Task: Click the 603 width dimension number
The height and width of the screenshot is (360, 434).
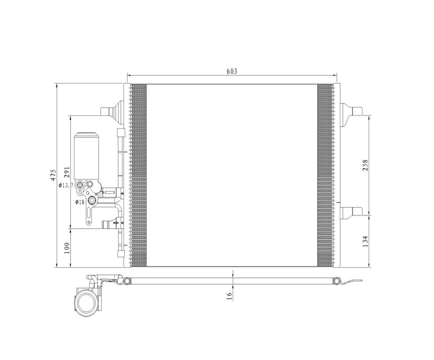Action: click(x=232, y=71)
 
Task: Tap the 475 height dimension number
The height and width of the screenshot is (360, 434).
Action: click(x=53, y=175)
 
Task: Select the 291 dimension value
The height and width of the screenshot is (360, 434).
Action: click(x=67, y=172)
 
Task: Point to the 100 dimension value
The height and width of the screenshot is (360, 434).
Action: click(x=67, y=248)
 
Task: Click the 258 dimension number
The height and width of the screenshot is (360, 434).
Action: click(x=365, y=165)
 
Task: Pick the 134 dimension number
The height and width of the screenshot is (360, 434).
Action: click(x=365, y=241)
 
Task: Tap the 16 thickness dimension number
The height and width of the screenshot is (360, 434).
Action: click(x=229, y=296)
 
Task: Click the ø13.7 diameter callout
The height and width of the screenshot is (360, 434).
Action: click(x=66, y=185)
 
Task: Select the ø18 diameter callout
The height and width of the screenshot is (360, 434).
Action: click(x=80, y=202)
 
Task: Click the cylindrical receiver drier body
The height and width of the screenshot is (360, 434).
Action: click(x=86, y=156)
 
